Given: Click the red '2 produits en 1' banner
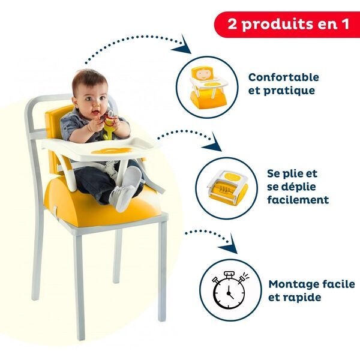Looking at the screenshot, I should [x=287, y=24].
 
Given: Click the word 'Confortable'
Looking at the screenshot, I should [x=284, y=77].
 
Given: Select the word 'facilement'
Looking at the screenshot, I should [x=298, y=200].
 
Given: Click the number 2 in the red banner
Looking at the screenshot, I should [x=232, y=24].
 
